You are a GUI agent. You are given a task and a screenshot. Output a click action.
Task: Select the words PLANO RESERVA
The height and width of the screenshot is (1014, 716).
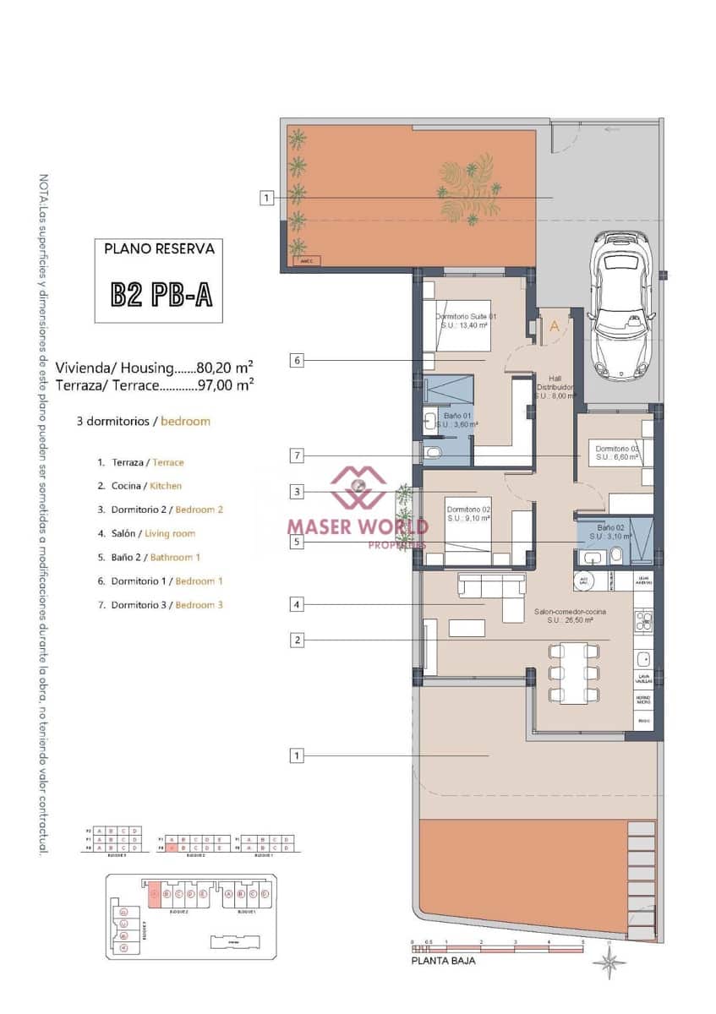[159, 248]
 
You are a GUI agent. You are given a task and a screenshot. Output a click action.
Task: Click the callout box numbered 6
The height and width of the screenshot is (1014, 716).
[296, 360]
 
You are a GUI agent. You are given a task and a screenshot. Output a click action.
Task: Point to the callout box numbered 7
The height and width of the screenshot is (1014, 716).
[296, 455]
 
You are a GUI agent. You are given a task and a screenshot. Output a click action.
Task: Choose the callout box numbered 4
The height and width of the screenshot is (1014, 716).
[296, 604]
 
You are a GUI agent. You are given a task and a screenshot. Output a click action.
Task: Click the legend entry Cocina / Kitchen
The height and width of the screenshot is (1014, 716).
[145, 486]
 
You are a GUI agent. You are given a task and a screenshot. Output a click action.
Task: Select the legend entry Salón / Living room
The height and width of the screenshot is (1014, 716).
[152, 533]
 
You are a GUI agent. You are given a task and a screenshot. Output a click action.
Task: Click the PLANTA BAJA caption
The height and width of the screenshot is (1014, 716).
[443, 961]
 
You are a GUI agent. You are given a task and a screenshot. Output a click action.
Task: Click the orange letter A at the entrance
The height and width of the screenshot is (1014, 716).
[555, 324]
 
